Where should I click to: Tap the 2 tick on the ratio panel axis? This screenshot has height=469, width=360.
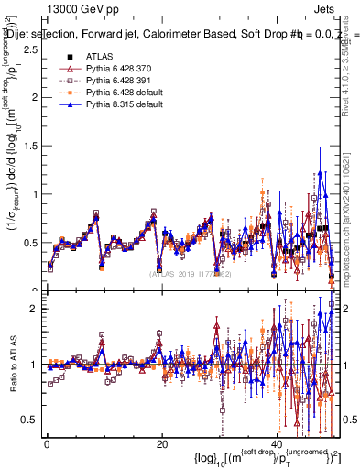tap(35, 309)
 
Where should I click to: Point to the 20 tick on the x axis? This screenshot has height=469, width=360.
tap(161, 443)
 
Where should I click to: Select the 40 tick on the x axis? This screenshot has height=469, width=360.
tap(276, 443)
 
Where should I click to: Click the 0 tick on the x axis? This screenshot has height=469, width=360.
tap(47, 443)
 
